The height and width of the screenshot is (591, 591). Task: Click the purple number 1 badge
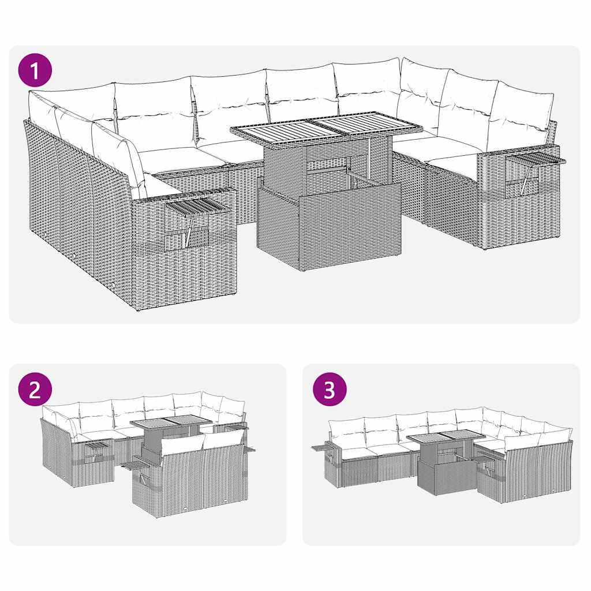tap(35, 72)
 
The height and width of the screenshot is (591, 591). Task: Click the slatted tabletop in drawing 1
tap(326, 128)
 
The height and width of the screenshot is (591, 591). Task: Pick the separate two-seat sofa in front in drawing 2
tap(190, 473)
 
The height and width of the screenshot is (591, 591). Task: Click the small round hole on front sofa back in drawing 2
tap(185, 508)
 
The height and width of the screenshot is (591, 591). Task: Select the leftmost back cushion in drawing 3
tap(346, 433)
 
